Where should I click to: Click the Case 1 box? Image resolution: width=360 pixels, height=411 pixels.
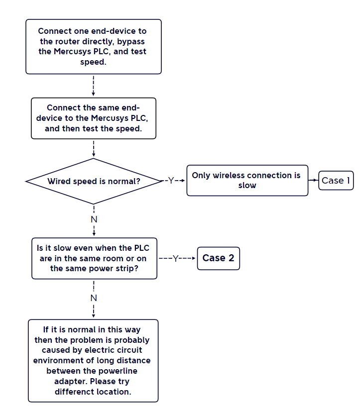coord(336,180)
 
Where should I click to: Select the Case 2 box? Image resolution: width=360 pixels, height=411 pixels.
coord(218,258)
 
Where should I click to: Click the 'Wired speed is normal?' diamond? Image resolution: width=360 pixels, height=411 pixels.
coord(94,181)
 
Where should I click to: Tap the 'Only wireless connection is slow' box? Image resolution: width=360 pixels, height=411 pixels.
coord(247,180)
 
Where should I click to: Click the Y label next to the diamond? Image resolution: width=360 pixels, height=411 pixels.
coord(171,180)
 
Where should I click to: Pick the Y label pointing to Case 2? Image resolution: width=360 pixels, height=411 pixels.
coord(176,258)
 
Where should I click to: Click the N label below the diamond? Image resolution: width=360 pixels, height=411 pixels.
coord(94,219)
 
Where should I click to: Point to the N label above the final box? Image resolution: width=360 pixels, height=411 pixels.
coord(94,298)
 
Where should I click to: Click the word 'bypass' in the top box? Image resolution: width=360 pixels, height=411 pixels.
coord(130,42)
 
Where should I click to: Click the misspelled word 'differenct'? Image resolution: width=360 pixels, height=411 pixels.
coord(75,392)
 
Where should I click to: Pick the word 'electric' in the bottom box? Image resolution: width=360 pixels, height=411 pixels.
coord(100,350)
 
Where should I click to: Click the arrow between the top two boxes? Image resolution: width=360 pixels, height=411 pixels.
coord(94,86)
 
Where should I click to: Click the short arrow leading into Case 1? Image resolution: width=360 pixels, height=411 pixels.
coord(313,180)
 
